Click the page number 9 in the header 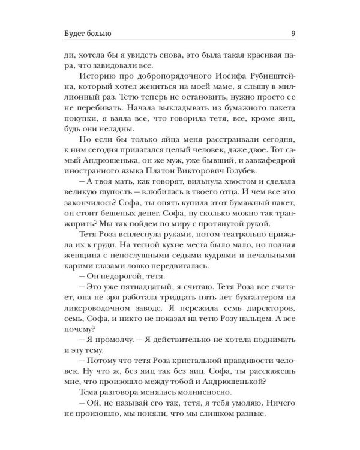(x=292, y=33)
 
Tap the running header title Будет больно (x=90, y=33)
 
